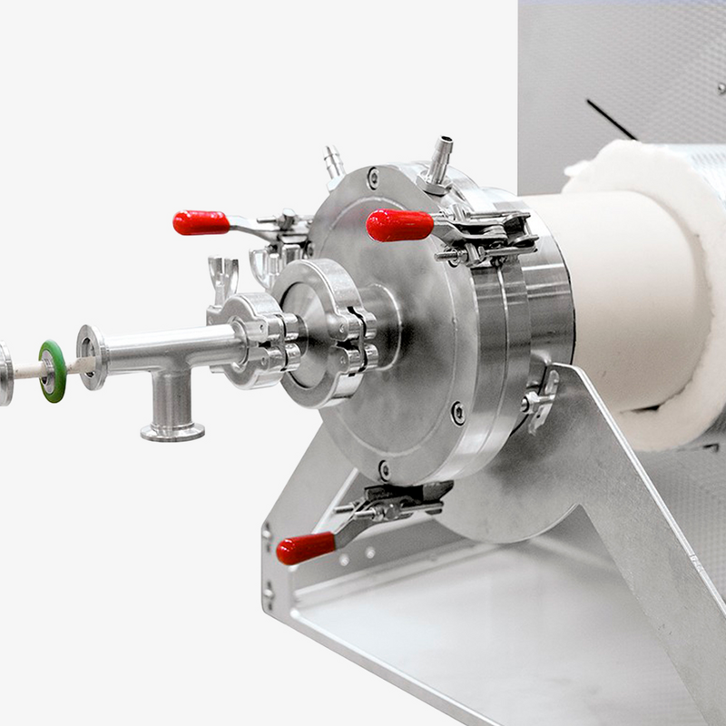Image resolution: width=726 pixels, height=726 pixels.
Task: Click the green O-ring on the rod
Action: click(52, 370)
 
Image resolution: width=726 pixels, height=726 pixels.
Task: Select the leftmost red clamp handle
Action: click(201, 222)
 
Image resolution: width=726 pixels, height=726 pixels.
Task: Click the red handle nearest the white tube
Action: click(399, 225)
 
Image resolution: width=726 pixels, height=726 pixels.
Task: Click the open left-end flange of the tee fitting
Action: click(91, 358)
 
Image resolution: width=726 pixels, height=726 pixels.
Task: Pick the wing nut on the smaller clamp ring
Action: click(222, 272)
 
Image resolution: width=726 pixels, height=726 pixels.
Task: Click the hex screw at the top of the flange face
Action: click(373, 178)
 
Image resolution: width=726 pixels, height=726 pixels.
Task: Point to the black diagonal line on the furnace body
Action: click(611, 119)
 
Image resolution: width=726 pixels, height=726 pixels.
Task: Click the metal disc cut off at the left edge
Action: click(5, 372)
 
